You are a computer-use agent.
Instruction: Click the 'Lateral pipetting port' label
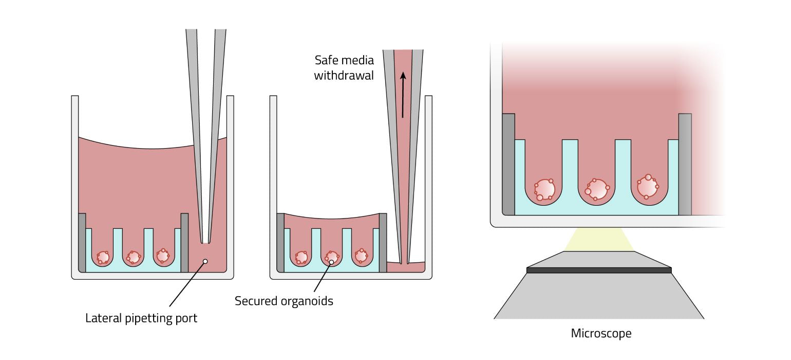tap(141, 318)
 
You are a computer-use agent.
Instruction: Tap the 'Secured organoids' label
tap(284, 301)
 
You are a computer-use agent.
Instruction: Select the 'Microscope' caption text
tap(601, 333)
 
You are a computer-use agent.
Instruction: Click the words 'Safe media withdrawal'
tap(344, 67)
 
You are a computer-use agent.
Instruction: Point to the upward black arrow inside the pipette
tap(403, 95)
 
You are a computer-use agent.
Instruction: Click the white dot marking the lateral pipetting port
tap(205, 261)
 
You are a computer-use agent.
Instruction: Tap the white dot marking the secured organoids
tap(331, 262)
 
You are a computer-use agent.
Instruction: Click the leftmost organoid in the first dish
tap(103, 257)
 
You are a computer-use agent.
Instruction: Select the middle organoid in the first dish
tap(134, 256)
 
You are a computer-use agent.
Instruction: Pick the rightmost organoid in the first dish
tap(163, 255)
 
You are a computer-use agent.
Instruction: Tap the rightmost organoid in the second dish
tap(362, 255)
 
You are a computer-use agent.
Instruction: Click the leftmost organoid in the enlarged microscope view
tap(544, 189)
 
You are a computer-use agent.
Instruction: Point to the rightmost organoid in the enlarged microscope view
tap(648, 187)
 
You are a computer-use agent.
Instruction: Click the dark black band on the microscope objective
tap(599, 270)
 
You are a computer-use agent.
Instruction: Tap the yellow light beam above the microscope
tap(599, 239)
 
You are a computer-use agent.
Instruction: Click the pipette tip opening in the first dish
tap(205, 242)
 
